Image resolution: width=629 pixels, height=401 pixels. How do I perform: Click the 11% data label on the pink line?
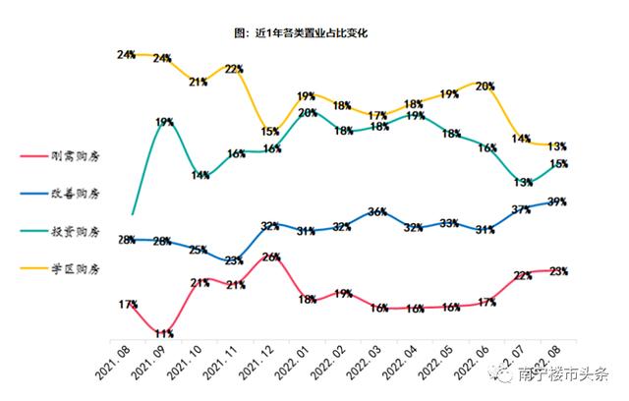[x=164, y=334]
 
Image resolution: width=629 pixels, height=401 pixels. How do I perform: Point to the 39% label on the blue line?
[x=557, y=201]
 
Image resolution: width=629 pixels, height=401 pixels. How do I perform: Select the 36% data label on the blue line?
[x=377, y=211]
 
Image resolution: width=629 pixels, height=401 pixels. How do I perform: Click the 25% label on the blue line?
[x=199, y=250]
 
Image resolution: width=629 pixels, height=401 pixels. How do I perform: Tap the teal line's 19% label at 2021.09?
[x=164, y=122]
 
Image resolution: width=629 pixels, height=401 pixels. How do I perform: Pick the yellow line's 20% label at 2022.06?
[x=485, y=86]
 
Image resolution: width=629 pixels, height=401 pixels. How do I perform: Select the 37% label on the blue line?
[x=521, y=209]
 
